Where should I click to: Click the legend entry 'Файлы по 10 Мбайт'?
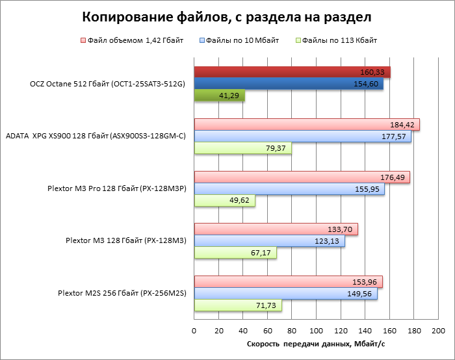242,40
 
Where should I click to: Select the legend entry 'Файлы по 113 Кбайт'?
337,40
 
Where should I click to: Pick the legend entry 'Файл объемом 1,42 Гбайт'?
135,40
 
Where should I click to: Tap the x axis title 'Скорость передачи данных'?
317,344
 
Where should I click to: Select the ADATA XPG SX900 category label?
96,136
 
